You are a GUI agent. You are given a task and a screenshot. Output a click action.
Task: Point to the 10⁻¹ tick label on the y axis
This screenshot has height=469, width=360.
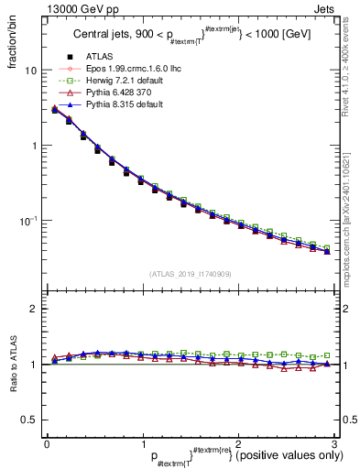click(28, 221)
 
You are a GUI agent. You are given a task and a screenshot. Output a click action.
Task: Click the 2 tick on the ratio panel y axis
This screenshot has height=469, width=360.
click(33, 309)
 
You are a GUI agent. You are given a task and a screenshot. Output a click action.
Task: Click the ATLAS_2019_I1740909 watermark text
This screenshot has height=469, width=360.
click(190, 274)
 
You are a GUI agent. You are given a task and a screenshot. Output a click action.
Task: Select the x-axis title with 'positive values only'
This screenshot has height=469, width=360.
click(246, 456)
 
